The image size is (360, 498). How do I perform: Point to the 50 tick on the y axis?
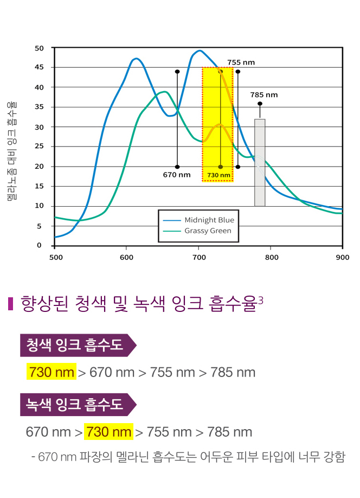39,48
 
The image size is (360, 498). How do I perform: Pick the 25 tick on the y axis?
39,146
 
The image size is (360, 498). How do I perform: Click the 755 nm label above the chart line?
241,62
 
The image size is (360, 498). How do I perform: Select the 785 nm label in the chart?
264,95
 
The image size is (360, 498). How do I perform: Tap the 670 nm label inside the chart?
177,175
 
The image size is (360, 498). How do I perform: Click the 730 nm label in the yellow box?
218,175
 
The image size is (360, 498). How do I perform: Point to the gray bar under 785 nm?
260,163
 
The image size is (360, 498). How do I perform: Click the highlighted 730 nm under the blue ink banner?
52,373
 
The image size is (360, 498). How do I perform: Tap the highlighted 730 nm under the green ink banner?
109,432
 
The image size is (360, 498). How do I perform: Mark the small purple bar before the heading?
10,304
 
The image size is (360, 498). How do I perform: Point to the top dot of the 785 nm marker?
260,104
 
